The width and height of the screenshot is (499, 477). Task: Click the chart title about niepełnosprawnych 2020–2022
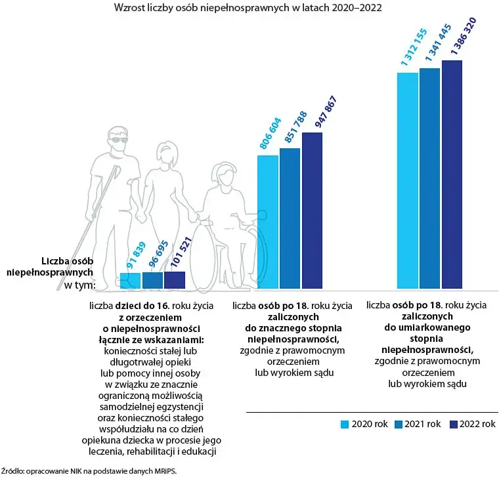(248, 9)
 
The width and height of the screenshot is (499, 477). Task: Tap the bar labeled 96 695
(152, 280)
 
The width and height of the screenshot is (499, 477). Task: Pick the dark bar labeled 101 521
(175, 280)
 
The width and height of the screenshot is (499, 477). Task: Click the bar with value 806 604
(267, 222)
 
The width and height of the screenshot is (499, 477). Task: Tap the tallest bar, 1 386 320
(452, 175)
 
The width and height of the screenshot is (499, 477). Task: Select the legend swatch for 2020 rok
(344, 425)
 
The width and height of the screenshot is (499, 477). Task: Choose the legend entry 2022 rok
(471, 425)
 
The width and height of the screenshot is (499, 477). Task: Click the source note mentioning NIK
(89, 470)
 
